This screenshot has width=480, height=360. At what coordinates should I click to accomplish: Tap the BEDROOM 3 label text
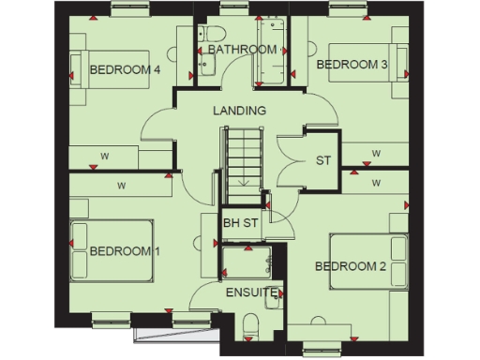[x=352, y=65]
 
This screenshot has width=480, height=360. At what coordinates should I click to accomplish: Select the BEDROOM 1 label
[x=125, y=251]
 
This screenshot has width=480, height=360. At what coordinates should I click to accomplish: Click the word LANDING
[x=239, y=111]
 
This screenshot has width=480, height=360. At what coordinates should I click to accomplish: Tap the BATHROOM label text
[x=242, y=49]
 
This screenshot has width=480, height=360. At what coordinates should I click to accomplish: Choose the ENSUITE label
[x=251, y=292]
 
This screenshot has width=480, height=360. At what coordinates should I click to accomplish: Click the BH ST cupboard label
[x=240, y=222]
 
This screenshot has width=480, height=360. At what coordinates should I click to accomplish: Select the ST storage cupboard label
[x=323, y=160]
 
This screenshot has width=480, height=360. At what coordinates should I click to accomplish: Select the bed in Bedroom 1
[x=112, y=250]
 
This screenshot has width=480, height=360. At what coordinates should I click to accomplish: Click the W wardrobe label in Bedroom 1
[x=121, y=187]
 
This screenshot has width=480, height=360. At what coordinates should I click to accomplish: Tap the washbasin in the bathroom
[x=207, y=66]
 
